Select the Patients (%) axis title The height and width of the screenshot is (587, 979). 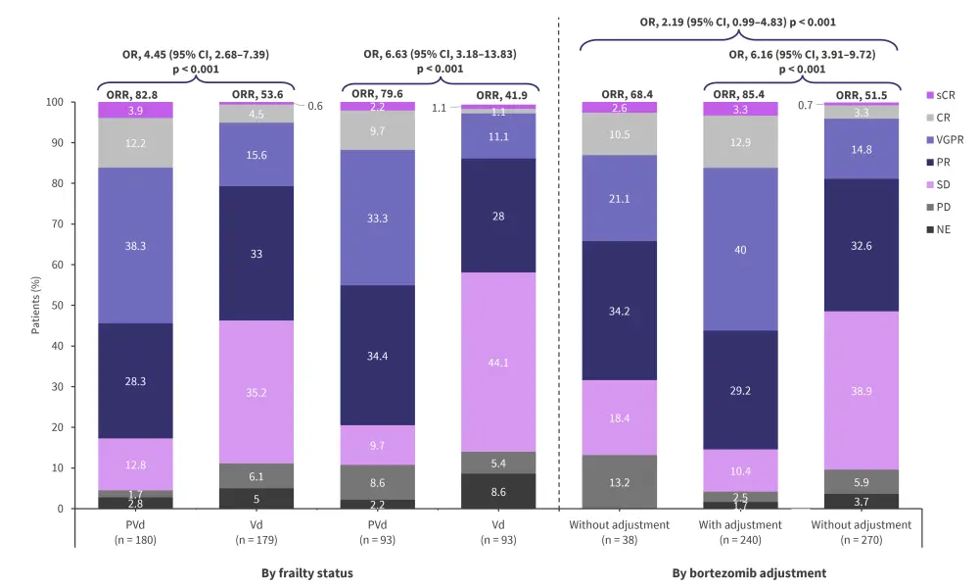[x=36, y=305]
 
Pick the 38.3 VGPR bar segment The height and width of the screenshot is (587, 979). [x=135, y=246]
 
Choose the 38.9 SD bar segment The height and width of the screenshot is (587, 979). [x=862, y=390]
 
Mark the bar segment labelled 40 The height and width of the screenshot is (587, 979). [x=741, y=249]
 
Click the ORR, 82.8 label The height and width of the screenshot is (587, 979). [x=135, y=94]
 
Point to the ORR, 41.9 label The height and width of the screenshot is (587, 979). [x=499, y=94]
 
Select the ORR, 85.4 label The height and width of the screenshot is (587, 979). [x=741, y=94]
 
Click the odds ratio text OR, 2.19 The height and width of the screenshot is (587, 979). [x=737, y=22]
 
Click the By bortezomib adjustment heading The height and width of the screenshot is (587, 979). [x=748, y=572]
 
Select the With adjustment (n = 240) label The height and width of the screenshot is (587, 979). [x=741, y=531]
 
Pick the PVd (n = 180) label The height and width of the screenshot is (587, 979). [x=135, y=531]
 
